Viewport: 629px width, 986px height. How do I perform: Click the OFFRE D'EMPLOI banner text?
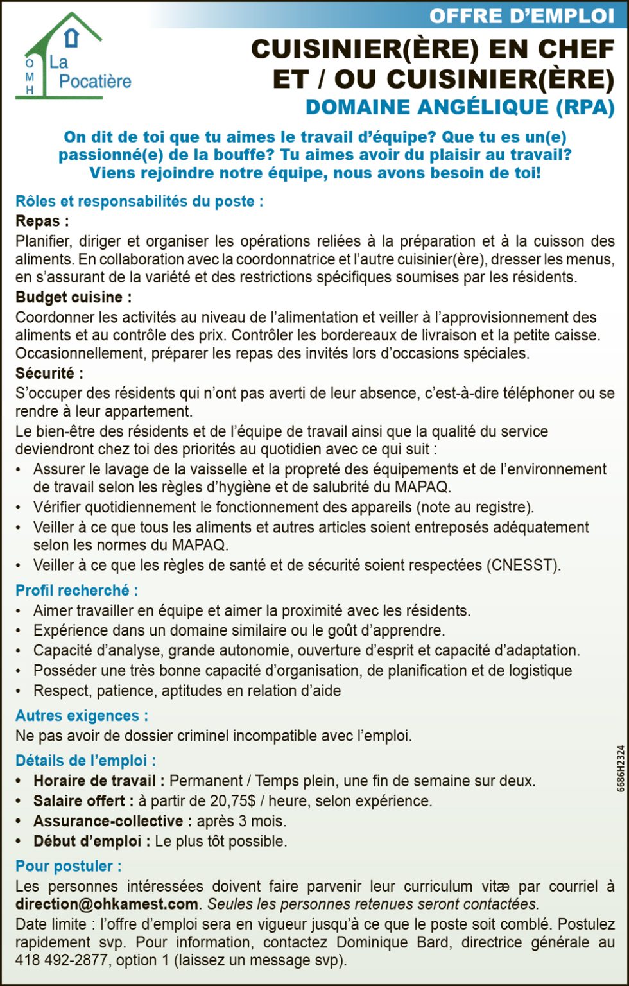tap(521, 15)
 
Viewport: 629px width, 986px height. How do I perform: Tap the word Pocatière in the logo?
tap(95, 82)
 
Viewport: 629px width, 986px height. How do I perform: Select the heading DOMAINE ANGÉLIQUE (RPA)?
tap(460, 107)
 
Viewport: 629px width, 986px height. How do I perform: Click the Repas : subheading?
tap(42, 221)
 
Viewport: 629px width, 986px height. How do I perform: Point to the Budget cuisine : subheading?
tap(73, 297)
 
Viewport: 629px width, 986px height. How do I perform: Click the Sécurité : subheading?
tap(49, 374)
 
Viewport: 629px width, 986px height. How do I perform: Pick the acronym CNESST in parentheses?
tap(522, 566)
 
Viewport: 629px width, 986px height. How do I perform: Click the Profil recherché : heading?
tap(76, 590)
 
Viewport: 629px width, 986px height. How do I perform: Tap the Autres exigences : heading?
tap(82, 716)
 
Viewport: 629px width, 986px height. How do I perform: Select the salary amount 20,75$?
tap(234, 801)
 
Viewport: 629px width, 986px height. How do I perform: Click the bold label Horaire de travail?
tap(94, 781)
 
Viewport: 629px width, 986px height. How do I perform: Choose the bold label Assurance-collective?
tap(108, 821)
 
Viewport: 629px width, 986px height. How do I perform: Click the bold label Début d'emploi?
tap(87, 841)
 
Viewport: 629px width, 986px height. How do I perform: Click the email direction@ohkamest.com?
tap(107, 904)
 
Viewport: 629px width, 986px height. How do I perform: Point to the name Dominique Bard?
tap(392, 943)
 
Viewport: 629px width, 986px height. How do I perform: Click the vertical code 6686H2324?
tap(621, 777)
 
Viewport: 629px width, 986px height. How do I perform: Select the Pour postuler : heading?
tap(68, 866)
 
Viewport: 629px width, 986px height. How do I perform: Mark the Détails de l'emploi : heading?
tap(85, 761)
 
